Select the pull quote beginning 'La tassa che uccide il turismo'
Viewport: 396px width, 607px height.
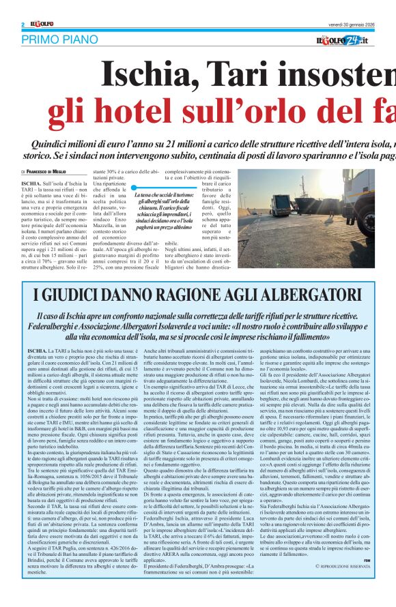coord(158,213)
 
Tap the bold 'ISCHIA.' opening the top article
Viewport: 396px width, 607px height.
coord(31,184)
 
